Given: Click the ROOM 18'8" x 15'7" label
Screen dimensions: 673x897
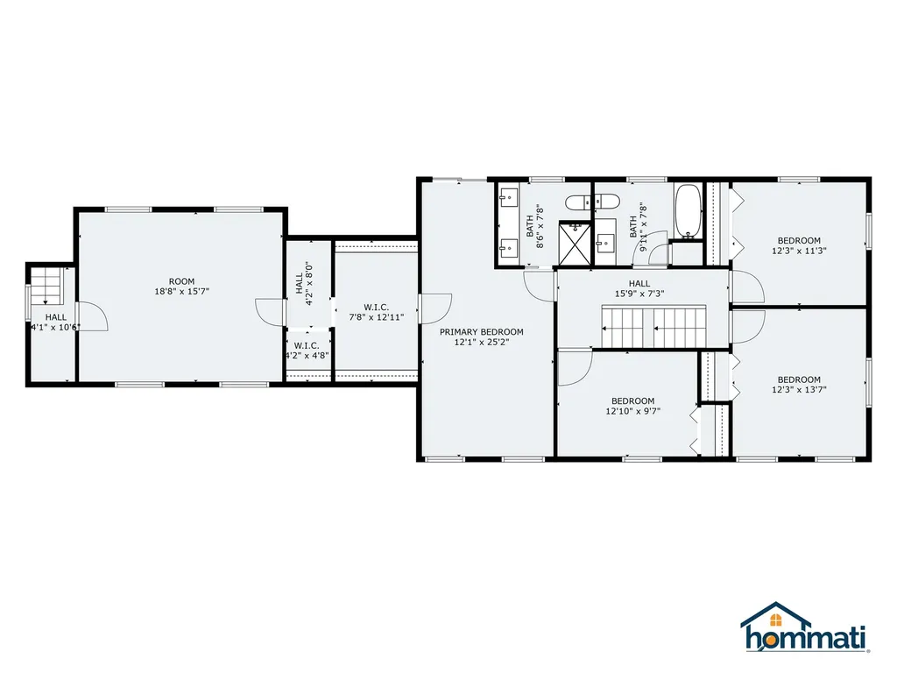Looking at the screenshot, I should click(182, 287).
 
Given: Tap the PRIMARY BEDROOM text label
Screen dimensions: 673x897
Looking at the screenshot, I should click(481, 336).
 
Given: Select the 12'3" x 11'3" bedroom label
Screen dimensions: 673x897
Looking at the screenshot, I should click(799, 245).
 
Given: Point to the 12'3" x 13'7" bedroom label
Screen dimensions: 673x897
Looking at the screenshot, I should click(799, 385).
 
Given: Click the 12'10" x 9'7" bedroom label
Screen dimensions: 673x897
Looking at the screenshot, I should click(632, 405).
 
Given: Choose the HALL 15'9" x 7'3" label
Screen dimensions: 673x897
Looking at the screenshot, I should click(639, 288).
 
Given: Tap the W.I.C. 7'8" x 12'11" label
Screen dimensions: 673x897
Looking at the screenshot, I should click(376, 312).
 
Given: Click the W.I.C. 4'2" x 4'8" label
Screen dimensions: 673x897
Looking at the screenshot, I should click(307, 351).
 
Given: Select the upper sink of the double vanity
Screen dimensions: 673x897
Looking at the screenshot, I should click(509, 196).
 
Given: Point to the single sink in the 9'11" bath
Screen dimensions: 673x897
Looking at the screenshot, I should click(605, 242).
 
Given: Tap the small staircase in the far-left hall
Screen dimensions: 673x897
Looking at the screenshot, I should click(44, 283).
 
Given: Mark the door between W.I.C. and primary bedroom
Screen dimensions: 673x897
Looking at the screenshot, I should click(433, 307).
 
